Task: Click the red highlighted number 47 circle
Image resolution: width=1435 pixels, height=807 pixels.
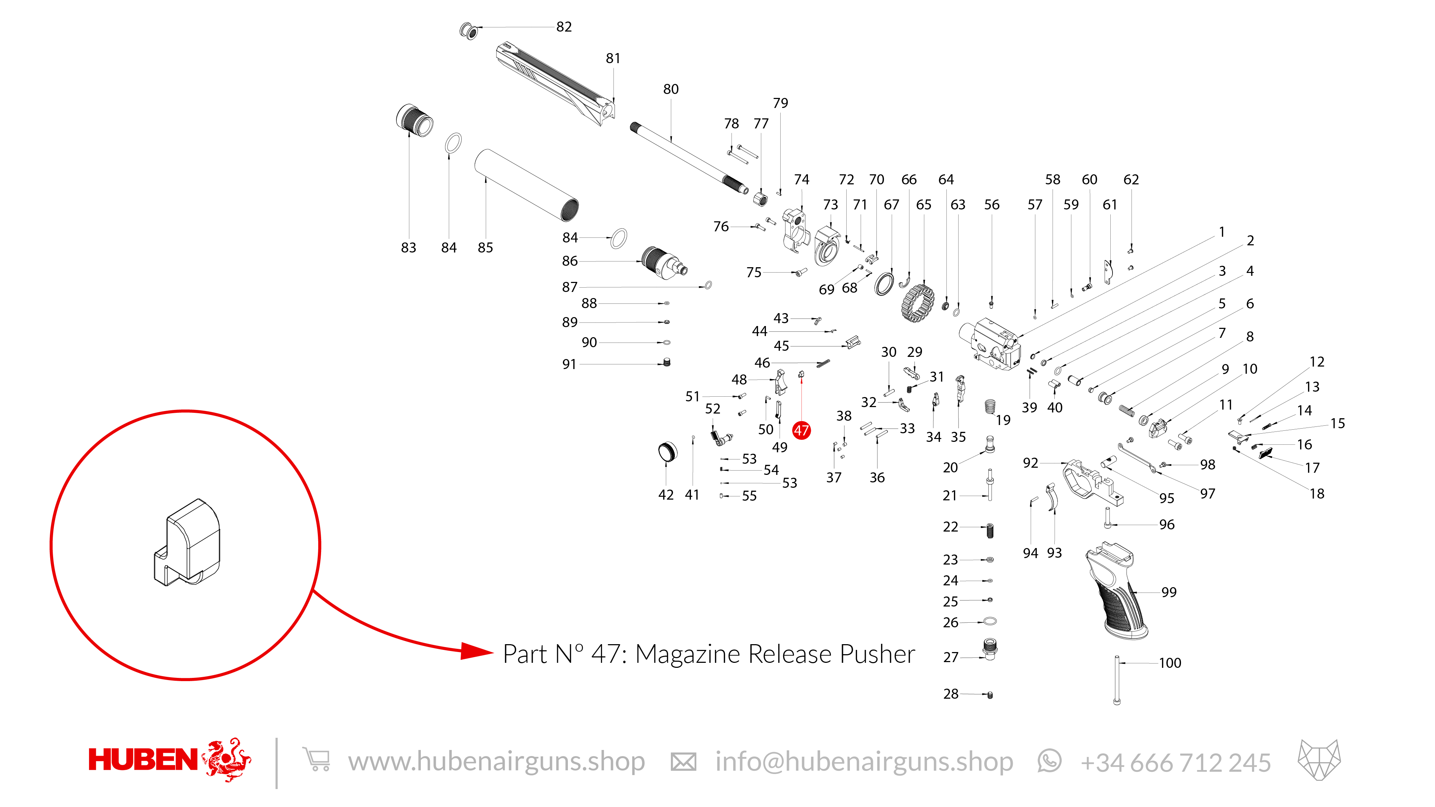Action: [801, 430]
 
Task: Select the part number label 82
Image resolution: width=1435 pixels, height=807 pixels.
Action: [564, 27]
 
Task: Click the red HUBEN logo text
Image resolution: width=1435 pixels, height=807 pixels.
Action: [143, 760]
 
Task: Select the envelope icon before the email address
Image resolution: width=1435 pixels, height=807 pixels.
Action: [683, 761]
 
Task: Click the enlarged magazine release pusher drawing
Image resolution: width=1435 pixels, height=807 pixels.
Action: [187, 542]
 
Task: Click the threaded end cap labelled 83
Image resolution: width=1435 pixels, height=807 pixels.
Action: [414, 120]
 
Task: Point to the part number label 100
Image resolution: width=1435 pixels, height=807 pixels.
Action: [1170, 663]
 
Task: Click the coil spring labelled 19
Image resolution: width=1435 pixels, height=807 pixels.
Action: [990, 407]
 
